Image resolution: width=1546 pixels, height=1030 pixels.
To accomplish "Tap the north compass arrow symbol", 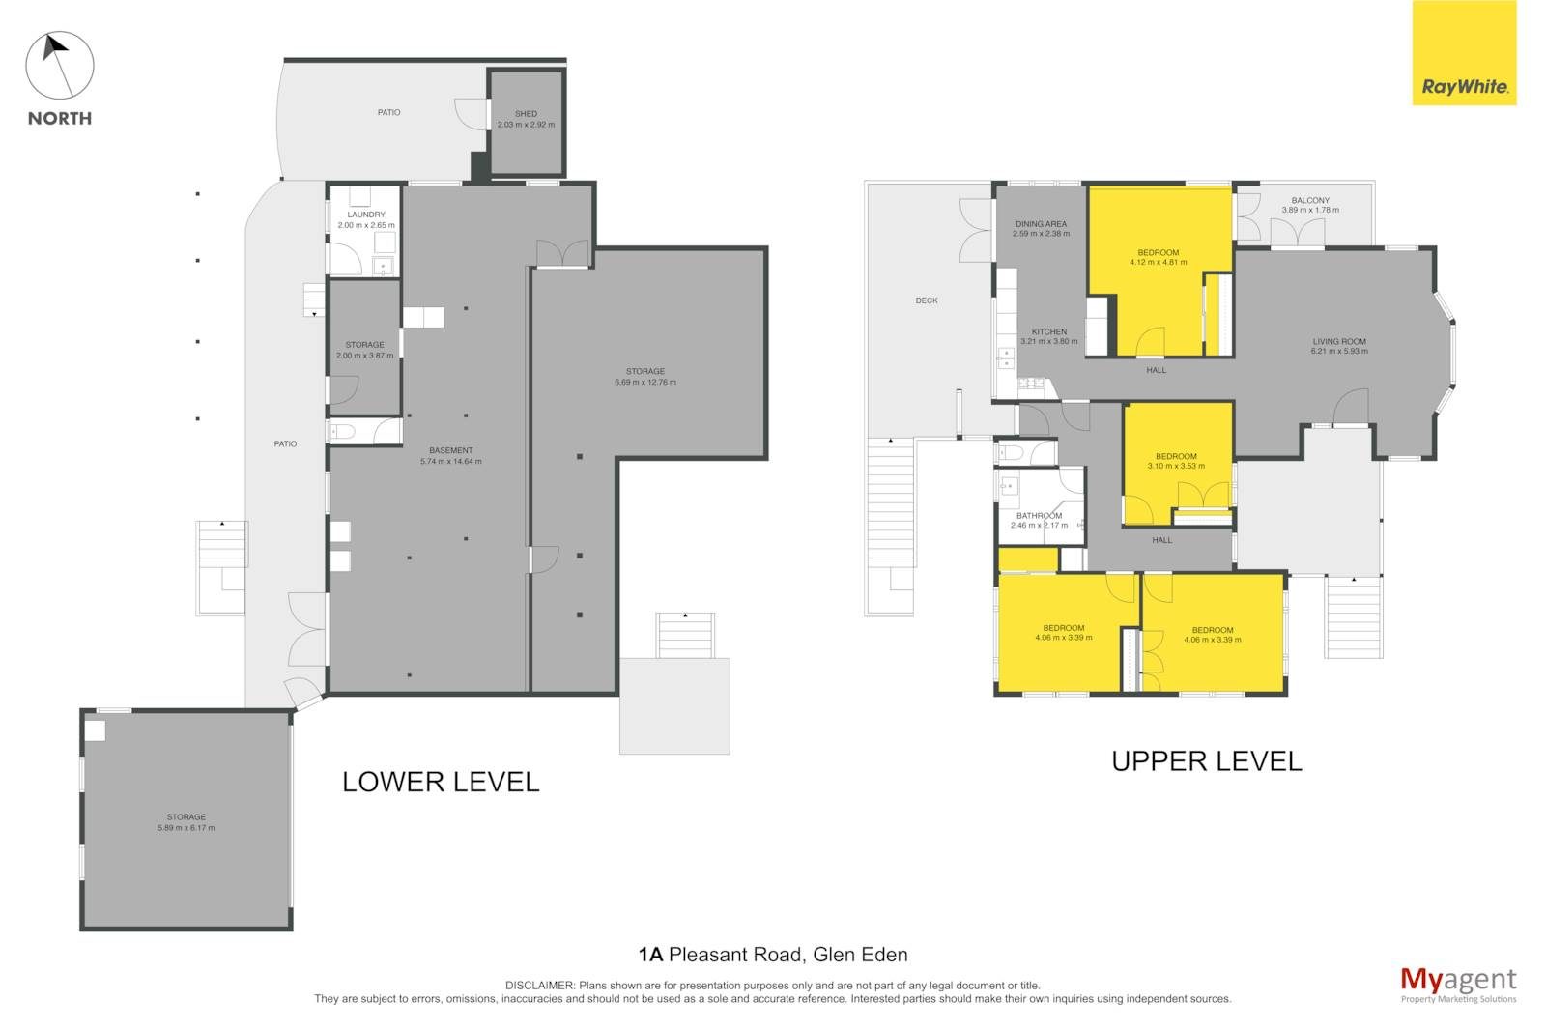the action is point(59,65).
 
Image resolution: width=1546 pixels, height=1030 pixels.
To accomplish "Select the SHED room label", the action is point(526,114).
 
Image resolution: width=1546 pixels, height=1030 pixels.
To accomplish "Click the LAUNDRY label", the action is point(366,215).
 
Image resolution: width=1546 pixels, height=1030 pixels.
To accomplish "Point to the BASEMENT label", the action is point(450,451).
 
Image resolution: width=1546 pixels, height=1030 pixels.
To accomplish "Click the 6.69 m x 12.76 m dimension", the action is point(645,383).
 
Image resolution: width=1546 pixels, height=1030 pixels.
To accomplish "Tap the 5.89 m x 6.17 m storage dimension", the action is point(186,828).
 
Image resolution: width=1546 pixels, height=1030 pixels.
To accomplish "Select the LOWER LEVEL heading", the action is point(441,783).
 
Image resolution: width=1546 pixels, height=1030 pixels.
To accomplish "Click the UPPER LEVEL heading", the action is point(1207,761).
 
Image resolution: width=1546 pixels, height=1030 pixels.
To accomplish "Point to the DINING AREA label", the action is point(1041,223).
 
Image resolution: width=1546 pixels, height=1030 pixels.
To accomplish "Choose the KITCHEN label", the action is point(1049,332).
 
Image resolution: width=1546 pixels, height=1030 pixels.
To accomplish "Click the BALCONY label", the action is point(1310,200).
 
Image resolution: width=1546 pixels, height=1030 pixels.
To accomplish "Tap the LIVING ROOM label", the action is point(1339,341).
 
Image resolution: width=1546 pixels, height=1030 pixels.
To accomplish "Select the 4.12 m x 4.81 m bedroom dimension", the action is point(1159,263).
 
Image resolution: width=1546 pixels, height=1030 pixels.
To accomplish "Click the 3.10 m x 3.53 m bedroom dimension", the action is point(1176,466).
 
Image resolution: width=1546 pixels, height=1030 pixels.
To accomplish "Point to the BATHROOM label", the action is point(1040,516).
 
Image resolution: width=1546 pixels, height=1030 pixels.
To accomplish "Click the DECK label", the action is point(927,300).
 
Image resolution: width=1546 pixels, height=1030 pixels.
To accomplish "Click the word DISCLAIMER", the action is point(539,986).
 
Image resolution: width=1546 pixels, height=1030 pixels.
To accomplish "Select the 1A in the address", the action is point(650,955).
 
